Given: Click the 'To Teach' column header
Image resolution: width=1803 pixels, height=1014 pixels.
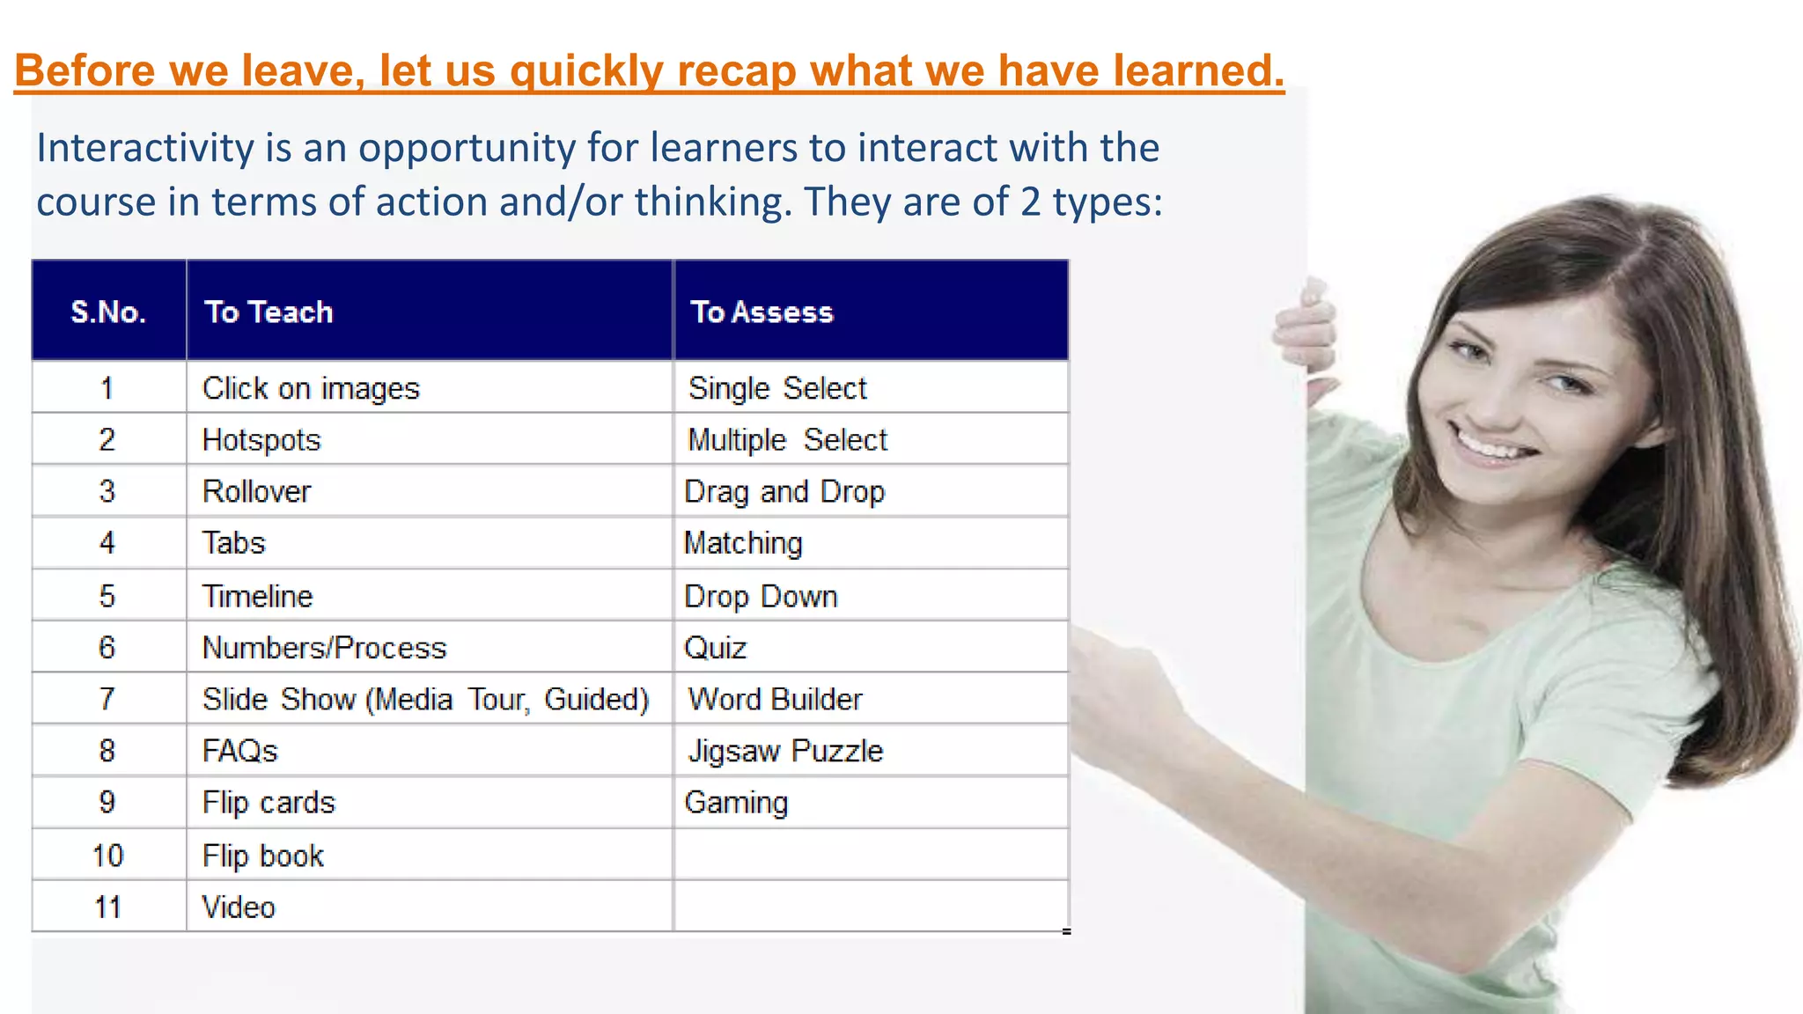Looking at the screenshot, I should click(269, 312).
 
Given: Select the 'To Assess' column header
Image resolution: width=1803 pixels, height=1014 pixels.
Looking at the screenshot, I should click(762, 312).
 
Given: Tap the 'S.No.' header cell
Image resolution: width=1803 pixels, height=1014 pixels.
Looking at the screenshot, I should click(108, 312).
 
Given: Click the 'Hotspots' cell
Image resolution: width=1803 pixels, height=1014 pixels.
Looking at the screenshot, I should click(261, 440).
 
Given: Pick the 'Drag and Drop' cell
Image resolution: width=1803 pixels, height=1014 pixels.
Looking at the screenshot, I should click(784, 491).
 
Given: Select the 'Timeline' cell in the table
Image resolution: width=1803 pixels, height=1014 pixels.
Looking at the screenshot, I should click(257, 597).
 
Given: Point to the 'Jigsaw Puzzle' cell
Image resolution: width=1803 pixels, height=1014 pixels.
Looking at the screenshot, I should click(785, 751).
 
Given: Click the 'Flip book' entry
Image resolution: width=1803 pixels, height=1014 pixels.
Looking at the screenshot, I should click(262, 856).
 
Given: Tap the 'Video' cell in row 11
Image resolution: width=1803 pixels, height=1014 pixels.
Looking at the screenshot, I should click(239, 907).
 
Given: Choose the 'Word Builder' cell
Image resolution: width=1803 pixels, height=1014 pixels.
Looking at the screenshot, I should click(775, 700).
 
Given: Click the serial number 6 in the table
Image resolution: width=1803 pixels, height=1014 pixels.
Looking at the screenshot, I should click(107, 648).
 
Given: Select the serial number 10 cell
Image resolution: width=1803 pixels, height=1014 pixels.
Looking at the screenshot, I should click(107, 856).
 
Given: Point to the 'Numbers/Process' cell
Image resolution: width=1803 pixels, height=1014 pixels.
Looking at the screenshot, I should click(324, 648).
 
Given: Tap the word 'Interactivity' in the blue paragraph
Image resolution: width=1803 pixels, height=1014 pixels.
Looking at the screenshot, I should click(145, 148).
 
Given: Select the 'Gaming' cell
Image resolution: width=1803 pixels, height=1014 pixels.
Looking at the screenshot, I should click(736, 803).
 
